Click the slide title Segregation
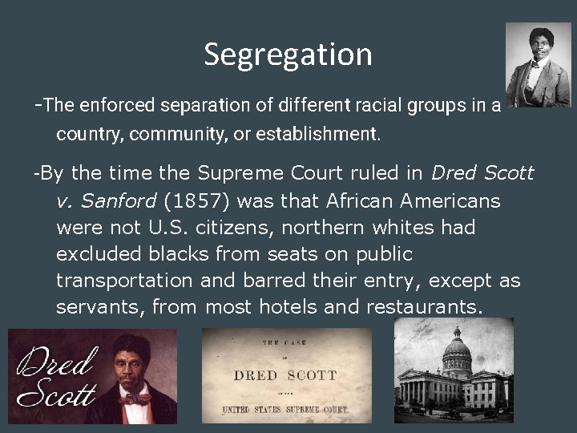288,55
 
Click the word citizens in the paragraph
234,228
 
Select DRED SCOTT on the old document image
285,375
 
